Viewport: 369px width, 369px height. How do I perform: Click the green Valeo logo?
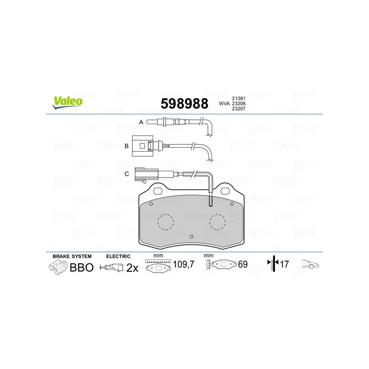click(67, 102)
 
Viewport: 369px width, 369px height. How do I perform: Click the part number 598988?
click(184, 103)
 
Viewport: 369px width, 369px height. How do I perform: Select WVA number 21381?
click(238, 98)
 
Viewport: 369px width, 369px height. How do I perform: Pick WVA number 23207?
click(238, 108)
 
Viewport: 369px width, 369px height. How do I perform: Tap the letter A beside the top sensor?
click(141, 122)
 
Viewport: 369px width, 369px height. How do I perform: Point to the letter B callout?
click(126, 146)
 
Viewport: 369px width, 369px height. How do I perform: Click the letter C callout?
click(126, 174)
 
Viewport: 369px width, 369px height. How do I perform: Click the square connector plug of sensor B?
click(143, 146)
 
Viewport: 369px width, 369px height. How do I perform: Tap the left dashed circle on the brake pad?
click(166, 222)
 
